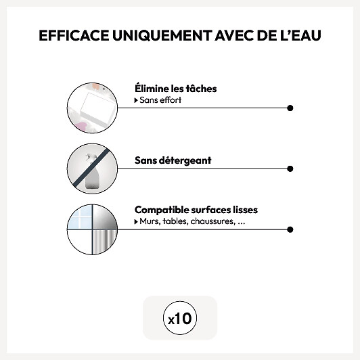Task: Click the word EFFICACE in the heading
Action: coord(74,35)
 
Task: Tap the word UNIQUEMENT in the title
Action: coord(162,35)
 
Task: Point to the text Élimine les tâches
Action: coord(176,89)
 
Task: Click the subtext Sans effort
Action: coord(160,100)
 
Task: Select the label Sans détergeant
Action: coord(173,160)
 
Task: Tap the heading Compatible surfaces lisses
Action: coord(196,210)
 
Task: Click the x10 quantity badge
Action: coord(180,318)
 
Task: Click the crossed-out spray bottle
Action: coord(92,172)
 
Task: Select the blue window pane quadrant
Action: coord(81,217)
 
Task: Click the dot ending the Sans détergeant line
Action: coord(290,168)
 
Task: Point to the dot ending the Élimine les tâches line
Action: coord(290,108)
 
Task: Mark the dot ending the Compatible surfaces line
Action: coord(290,229)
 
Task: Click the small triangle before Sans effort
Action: coord(136,100)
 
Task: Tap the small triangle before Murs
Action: coord(136,222)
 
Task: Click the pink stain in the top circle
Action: coord(81,127)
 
